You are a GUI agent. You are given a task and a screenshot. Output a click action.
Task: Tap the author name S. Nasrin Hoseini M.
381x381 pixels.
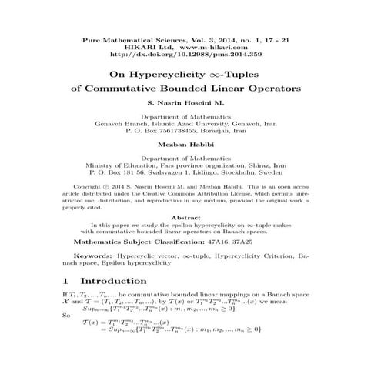[x=190, y=103]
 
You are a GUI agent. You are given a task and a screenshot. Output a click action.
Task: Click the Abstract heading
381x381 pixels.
[x=190, y=218]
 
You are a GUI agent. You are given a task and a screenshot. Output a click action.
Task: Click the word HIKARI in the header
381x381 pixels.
[x=145, y=46]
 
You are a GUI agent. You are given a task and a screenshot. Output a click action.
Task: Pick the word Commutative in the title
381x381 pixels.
[x=126, y=89]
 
